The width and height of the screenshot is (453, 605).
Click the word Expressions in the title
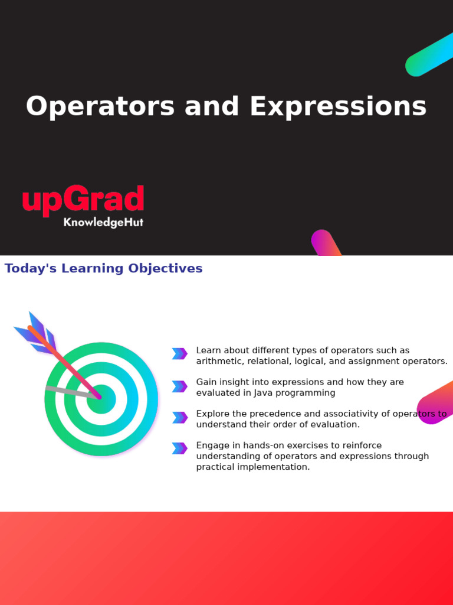click(x=337, y=108)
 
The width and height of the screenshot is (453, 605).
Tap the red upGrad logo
click(x=83, y=200)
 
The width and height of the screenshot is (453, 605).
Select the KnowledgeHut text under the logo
click(x=103, y=223)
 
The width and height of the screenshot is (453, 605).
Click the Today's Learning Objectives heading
click(x=103, y=269)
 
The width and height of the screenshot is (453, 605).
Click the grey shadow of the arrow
click(x=68, y=391)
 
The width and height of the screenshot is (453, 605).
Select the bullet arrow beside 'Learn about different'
click(x=179, y=354)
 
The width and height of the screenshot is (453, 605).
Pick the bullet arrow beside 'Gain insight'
click(x=179, y=386)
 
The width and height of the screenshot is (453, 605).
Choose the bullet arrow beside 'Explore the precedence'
click(x=179, y=418)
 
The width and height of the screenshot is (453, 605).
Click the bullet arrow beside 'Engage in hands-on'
click(x=179, y=448)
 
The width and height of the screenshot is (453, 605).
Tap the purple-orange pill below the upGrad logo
click(x=325, y=242)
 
